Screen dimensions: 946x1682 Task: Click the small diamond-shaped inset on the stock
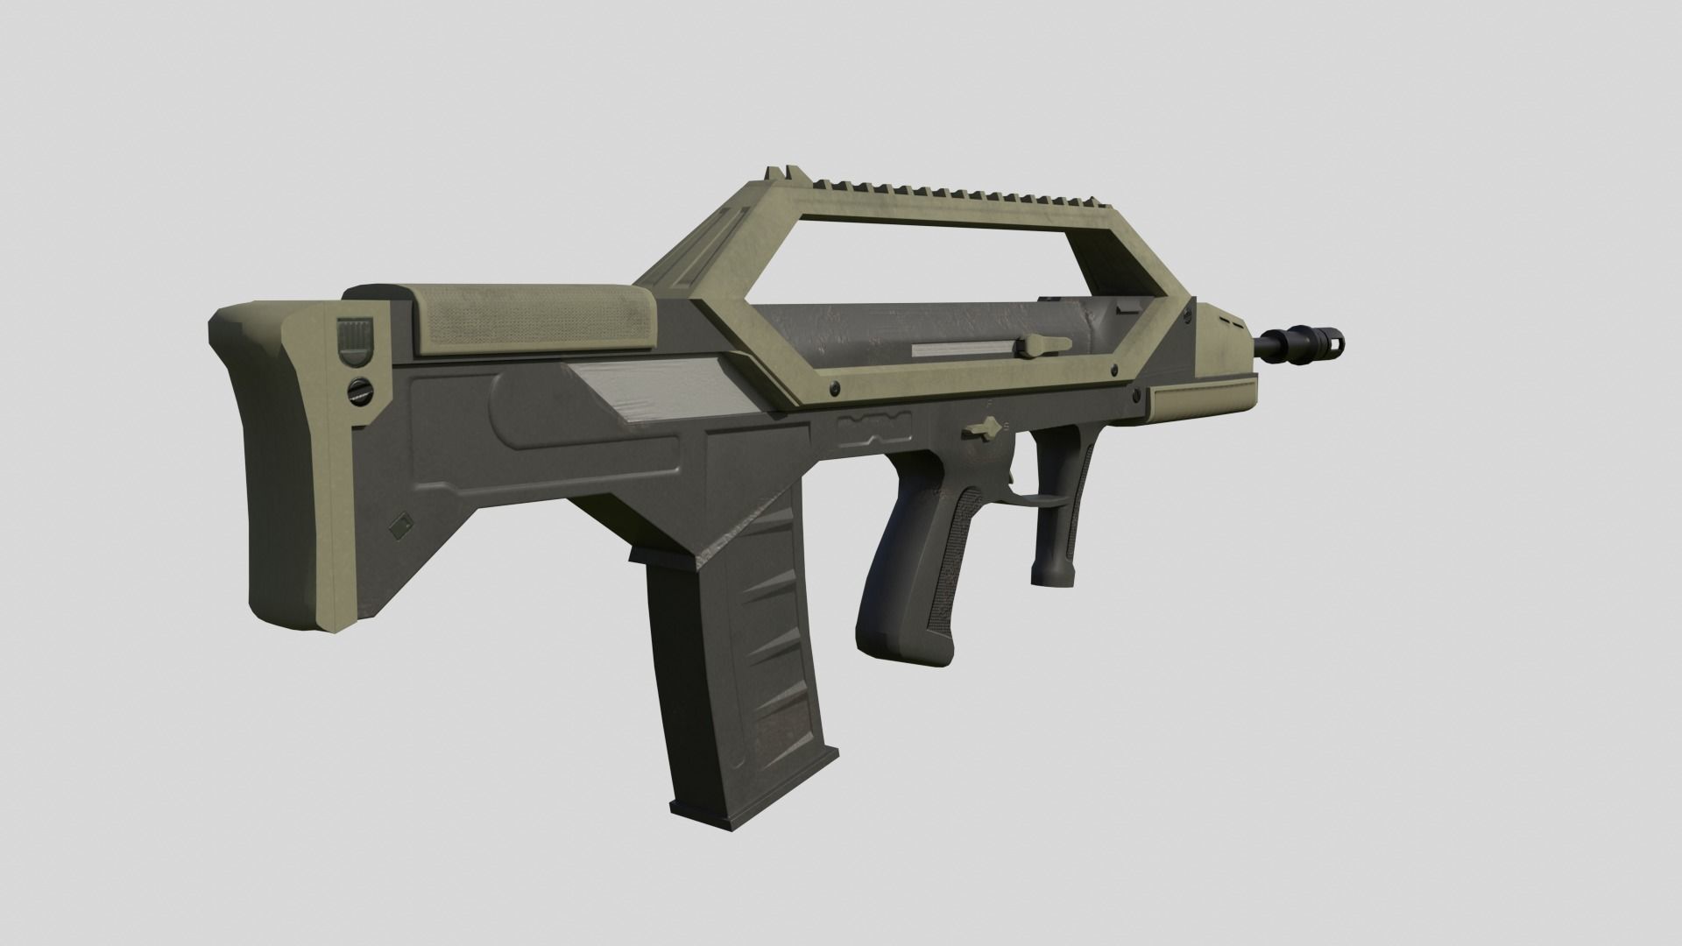tap(401, 526)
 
